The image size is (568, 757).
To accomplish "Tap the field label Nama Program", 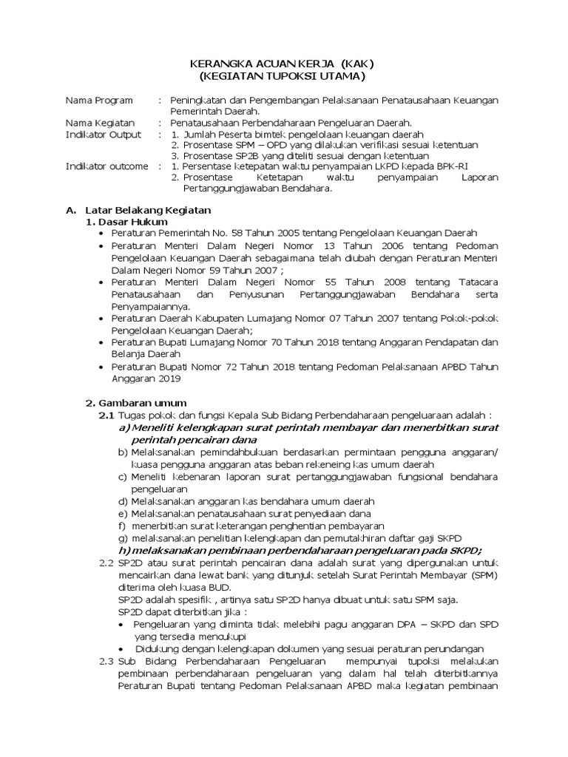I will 99,100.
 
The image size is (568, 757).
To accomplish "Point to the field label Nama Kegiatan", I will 100,123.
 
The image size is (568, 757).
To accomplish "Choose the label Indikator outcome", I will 106,166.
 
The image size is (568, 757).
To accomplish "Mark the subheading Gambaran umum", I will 138,403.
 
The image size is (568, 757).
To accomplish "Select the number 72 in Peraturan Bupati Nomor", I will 214,367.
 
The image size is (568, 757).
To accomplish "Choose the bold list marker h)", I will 124,550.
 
